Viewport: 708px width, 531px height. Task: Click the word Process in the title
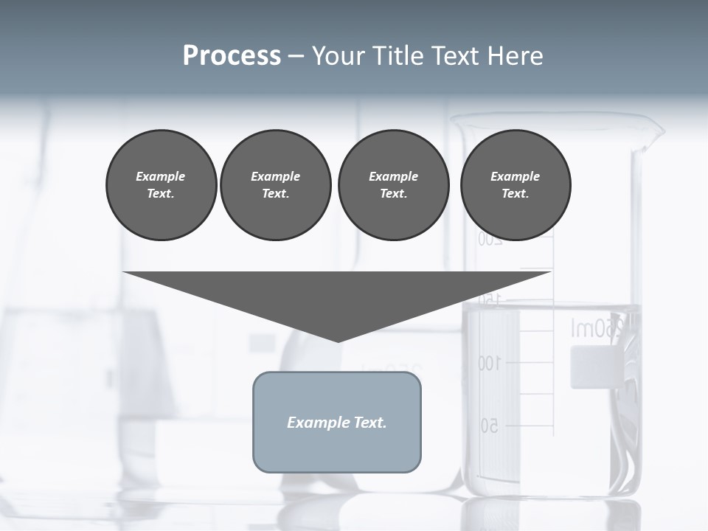232,56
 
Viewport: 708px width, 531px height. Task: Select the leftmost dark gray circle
161,185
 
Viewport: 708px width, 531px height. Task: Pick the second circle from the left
275,185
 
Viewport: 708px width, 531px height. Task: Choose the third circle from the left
393,185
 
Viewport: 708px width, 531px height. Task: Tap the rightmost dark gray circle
516,185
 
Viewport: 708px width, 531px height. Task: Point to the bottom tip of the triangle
338,340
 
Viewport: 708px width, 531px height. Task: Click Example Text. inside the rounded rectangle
337,423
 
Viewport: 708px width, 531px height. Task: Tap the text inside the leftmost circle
161,185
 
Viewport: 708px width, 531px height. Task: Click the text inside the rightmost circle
516,185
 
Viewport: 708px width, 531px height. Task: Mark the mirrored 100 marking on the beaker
489,363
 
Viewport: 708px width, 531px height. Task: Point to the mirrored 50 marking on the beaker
490,426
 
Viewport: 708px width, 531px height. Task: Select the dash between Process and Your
296,57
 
